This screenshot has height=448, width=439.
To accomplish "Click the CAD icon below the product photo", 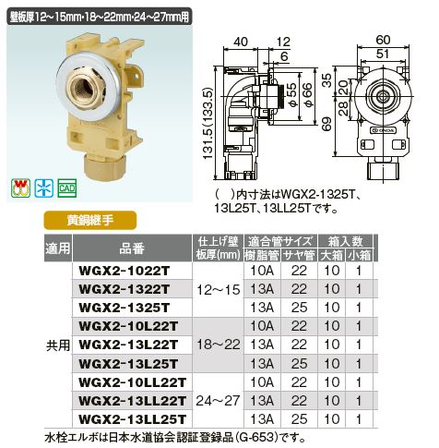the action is point(66,188).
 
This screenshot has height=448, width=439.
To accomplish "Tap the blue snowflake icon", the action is point(44,188).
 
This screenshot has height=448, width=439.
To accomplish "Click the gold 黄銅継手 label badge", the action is point(90,220).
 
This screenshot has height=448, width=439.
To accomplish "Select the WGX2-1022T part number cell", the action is point(125,271).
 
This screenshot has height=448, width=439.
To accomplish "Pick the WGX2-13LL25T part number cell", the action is point(133,419).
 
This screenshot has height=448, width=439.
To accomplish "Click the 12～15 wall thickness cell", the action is point(219,290).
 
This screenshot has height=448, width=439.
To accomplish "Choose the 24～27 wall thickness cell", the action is point(219,401).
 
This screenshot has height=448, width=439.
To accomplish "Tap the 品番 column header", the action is point(132,248).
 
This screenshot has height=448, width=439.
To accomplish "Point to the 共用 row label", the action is point(58,345).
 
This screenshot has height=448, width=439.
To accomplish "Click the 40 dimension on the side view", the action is point(241,42).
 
